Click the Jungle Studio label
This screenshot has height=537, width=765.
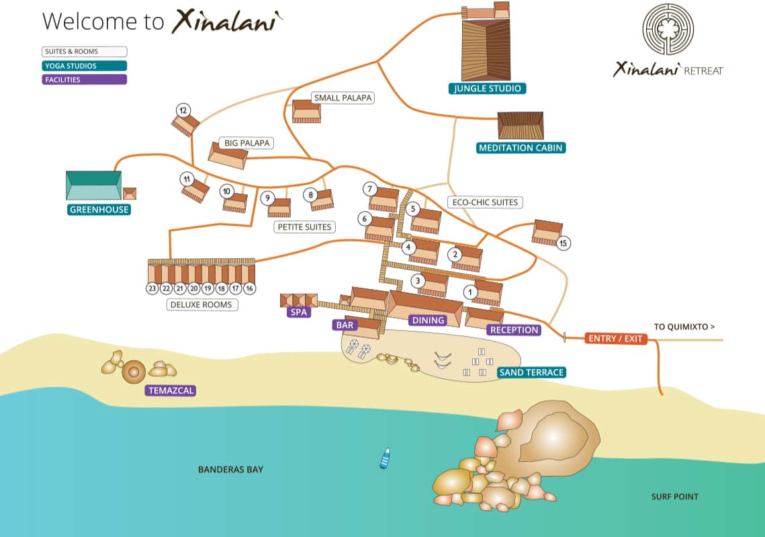488,88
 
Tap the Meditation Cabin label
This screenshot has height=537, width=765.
521,148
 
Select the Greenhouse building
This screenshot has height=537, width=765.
93,185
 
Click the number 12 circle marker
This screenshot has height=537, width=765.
183,110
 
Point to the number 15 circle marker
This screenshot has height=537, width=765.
563,243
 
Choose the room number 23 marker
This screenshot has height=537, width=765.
152,288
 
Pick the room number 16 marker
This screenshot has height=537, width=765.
249,288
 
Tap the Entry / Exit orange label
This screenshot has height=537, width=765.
615,339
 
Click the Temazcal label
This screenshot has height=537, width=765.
171,390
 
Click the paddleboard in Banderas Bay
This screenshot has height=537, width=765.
385,458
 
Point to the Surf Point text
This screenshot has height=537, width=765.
674,497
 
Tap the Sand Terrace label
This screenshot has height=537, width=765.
531,372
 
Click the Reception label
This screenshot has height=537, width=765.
514,330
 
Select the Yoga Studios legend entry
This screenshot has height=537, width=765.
84,66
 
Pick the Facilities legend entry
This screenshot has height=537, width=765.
84,79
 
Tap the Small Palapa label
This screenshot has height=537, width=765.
343,98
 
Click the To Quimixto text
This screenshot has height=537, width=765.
684,327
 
